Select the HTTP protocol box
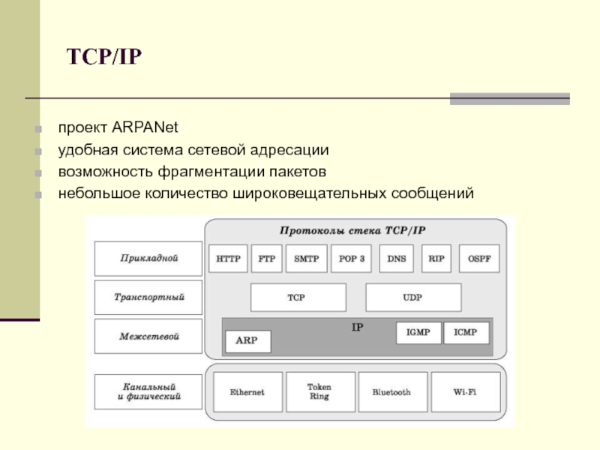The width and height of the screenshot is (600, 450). pyautogui.click(x=228, y=259)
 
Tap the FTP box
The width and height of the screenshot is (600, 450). pyautogui.click(x=266, y=259)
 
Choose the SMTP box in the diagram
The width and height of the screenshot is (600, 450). pyautogui.click(x=306, y=259)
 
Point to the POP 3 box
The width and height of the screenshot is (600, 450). pyautogui.click(x=351, y=259)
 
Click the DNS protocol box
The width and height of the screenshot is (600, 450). pyautogui.click(x=397, y=259)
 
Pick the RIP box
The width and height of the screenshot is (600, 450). pyautogui.click(x=436, y=259)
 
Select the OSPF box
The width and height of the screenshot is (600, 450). pyautogui.click(x=478, y=259)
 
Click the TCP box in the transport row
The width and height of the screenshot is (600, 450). pyautogui.click(x=298, y=298)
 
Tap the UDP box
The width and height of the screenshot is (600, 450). pyautogui.click(x=413, y=298)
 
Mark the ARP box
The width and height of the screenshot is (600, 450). pyautogui.click(x=247, y=340)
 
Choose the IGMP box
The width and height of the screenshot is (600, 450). pyautogui.click(x=418, y=333)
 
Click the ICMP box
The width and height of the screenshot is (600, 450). pyautogui.click(x=466, y=333)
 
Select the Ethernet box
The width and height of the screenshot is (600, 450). pyautogui.click(x=247, y=392)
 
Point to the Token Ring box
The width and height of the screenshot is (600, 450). pyautogui.click(x=319, y=392)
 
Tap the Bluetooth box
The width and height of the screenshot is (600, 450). pyautogui.click(x=391, y=392)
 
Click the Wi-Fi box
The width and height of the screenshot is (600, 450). pyautogui.click(x=466, y=392)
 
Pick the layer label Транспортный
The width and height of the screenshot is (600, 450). pyautogui.click(x=148, y=297)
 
